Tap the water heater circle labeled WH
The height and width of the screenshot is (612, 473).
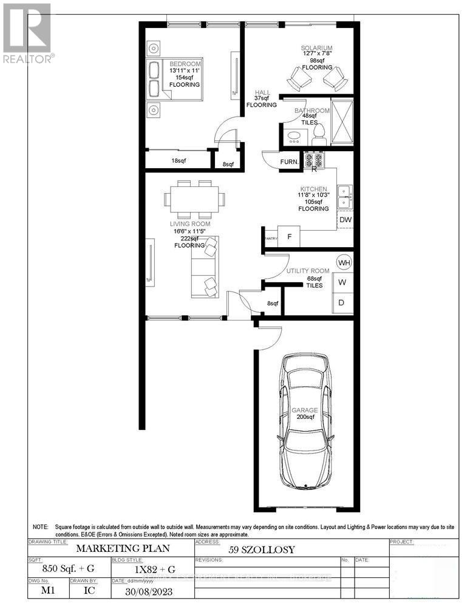(x=344, y=263)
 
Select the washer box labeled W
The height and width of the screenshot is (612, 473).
(x=342, y=282)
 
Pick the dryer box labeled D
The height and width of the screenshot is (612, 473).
(x=342, y=302)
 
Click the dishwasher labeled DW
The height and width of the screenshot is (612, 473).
(x=344, y=220)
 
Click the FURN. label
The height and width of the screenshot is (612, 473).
(x=288, y=161)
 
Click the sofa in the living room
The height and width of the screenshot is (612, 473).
(x=204, y=267)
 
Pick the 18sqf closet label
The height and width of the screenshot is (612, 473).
(x=179, y=161)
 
